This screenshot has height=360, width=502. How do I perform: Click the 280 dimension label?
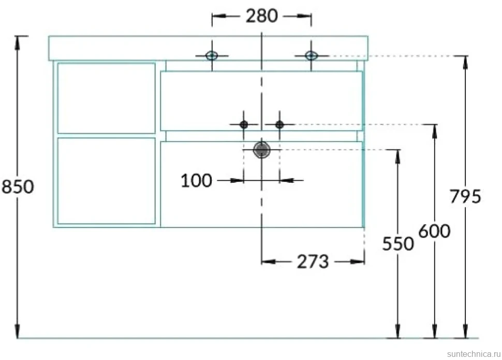(261, 16)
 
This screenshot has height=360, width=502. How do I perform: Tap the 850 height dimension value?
(18, 186)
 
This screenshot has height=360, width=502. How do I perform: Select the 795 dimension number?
(465, 196)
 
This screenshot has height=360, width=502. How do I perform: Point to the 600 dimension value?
(434, 231)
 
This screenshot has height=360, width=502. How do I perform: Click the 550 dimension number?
(398, 243)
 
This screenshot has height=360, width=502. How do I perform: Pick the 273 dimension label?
(313, 262)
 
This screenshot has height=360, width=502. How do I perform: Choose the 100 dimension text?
(196, 180)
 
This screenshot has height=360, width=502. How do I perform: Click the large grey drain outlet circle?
(262, 150)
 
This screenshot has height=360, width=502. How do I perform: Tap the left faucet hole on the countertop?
(212, 55)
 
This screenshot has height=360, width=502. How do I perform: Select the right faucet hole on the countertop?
(311, 55)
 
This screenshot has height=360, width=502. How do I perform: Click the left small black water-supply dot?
(244, 124)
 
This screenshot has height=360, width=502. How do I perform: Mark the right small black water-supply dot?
(279, 124)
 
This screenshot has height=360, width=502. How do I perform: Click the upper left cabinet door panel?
(106, 98)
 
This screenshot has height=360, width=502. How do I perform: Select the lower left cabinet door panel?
(106, 181)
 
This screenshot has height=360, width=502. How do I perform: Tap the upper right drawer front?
(261, 101)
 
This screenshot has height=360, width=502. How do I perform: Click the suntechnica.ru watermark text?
(474, 354)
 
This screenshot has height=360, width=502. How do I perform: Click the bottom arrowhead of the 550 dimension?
(397, 332)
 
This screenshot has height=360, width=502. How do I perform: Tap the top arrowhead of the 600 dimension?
(434, 131)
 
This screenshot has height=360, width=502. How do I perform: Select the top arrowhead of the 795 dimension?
(465, 63)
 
